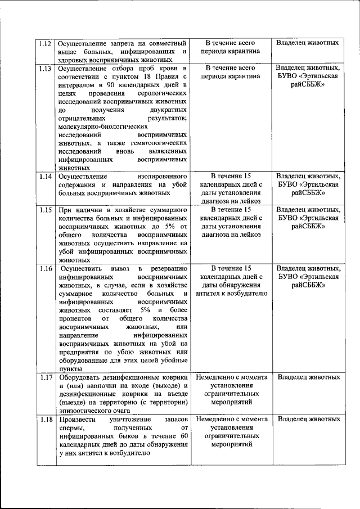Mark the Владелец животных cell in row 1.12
(x=307, y=43)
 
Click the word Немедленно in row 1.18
(x=215, y=420)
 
